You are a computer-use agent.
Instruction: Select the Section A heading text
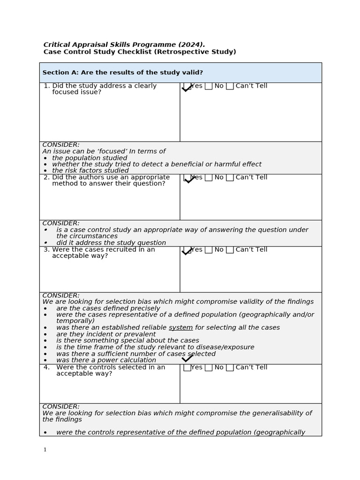point(123,73)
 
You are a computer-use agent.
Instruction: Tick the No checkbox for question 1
point(209,86)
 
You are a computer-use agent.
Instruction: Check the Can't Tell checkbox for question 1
point(230,86)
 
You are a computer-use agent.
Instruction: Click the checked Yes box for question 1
point(187,87)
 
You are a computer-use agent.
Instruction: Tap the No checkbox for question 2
point(209,178)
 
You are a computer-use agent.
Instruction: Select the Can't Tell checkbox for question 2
point(230,178)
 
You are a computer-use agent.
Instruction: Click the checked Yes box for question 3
point(187,250)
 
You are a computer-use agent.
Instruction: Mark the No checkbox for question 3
point(209,250)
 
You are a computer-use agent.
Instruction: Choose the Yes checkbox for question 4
point(187,367)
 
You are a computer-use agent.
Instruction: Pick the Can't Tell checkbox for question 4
point(230,367)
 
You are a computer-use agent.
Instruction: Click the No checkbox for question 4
point(209,367)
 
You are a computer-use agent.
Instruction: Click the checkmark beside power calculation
point(187,359)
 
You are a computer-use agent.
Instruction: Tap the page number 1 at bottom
point(45,450)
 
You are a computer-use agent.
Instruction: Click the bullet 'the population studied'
point(90,158)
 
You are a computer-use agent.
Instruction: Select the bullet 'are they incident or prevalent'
point(106,334)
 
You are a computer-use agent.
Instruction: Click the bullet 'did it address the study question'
point(111,243)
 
